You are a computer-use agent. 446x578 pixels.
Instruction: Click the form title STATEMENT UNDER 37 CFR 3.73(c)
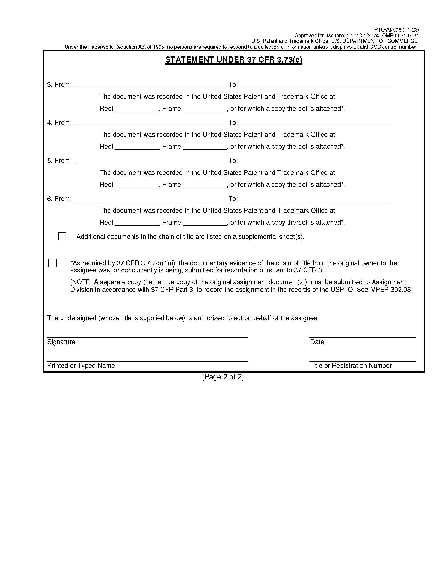(233, 60)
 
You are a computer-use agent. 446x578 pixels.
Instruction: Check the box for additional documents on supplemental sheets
(62, 236)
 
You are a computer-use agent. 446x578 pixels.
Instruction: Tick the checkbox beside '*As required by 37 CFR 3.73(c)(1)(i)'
(52, 263)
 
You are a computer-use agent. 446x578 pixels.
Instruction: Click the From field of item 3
(150, 85)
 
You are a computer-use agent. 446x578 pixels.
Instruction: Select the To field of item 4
(316, 123)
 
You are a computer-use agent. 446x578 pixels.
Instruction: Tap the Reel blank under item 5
(136, 185)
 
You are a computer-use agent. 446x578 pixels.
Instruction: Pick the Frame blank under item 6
(205, 223)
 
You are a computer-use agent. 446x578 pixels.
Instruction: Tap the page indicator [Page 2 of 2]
(223, 377)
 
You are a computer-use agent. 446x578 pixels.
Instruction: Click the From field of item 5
(150, 161)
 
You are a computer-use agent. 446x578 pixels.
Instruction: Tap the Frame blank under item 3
(205, 109)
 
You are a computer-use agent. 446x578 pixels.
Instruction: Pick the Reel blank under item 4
(136, 147)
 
